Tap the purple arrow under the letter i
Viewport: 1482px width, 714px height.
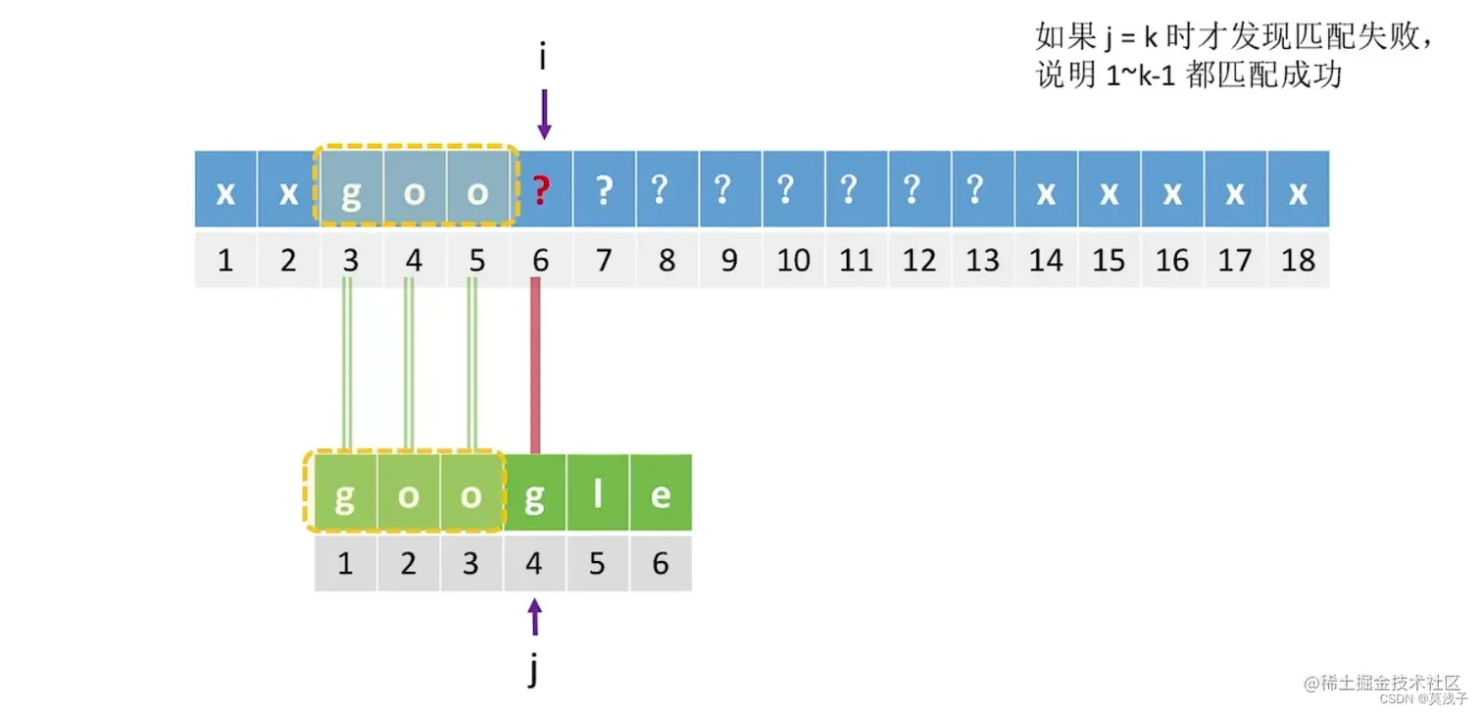pos(544,115)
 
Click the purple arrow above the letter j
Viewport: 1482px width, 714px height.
pos(534,616)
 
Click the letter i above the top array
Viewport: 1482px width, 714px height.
pos(542,57)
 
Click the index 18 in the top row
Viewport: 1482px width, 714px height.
pos(1298,260)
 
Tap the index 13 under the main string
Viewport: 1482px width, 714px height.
pos(982,260)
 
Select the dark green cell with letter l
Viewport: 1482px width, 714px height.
pos(598,495)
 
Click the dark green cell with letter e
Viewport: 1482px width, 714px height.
pos(661,495)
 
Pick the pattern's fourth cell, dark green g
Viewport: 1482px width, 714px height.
pos(535,495)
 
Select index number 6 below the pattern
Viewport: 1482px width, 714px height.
pos(661,564)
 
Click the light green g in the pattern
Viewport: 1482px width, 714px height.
pos(345,495)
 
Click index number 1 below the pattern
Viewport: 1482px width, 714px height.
pos(345,564)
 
